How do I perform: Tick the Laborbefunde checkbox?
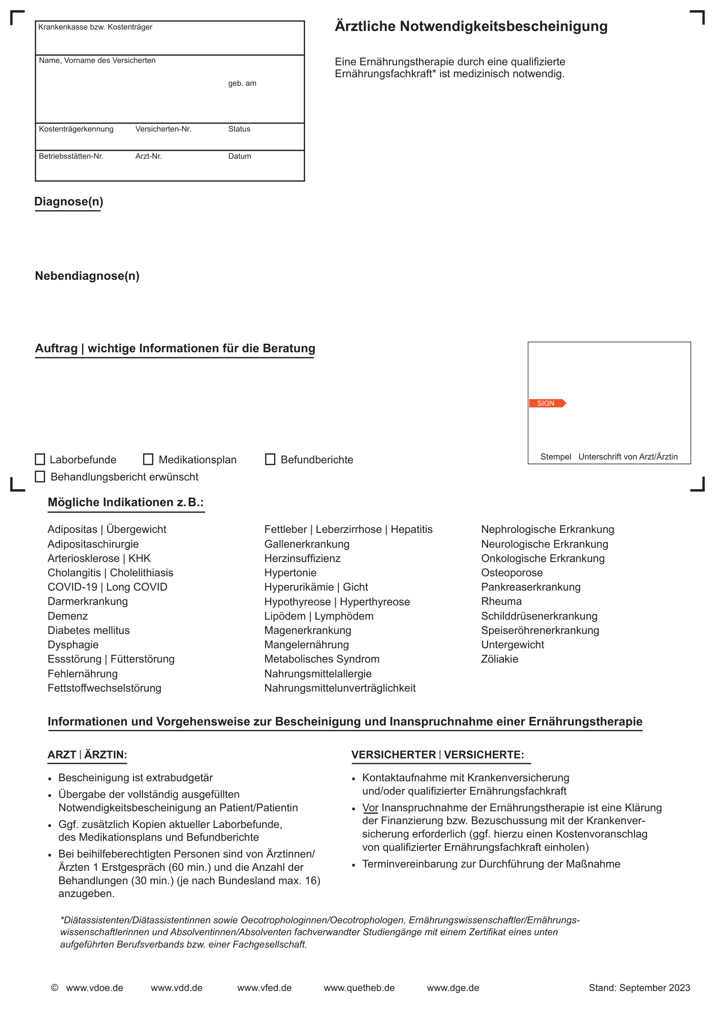[40, 460]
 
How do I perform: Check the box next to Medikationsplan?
[148, 460]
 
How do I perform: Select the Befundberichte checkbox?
[270, 460]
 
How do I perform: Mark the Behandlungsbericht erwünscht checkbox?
[40, 477]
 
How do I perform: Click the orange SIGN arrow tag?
[547, 403]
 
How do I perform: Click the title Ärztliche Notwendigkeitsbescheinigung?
[471, 26]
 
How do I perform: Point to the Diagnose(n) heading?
[69, 202]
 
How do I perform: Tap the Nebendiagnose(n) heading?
[87, 276]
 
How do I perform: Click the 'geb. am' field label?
[242, 83]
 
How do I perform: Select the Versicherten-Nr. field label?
[163, 129]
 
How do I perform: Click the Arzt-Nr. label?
[148, 156]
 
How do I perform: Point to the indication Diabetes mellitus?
[89, 630]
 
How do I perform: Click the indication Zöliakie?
[500, 659]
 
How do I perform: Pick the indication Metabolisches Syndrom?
[322, 659]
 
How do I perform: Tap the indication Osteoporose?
[512, 572]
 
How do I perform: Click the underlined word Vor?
[370, 807]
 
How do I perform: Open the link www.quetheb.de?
[359, 988]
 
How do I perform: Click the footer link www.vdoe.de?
[94, 988]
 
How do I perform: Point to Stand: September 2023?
[639, 988]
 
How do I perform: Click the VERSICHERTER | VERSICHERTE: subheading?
[438, 755]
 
